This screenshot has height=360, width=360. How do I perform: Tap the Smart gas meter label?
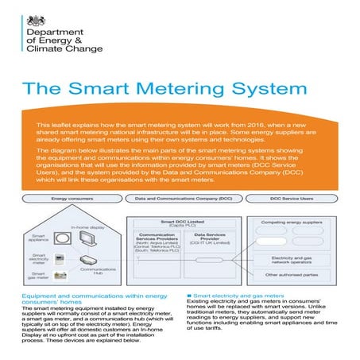41,275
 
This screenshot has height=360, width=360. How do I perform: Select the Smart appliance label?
41,237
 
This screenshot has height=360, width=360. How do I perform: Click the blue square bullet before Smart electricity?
188,293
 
